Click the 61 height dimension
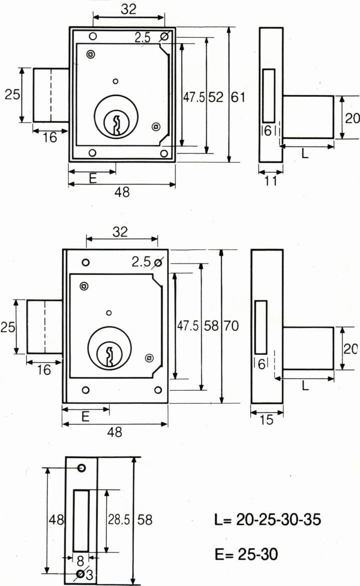click(x=238, y=97)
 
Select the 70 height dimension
click(x=231, y=326)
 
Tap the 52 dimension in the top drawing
click(x=215, y=97)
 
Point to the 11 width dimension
click(x=271, y=181)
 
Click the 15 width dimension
click(x=267, y=420)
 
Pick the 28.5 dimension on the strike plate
click(x=119, y=520)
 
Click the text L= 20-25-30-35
click(x=268, y=520)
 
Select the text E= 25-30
click(x=246, y=554)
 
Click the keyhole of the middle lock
click(x=109, y=356)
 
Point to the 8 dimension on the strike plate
click(x=80, y=561)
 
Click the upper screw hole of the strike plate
click(x=81, y=468)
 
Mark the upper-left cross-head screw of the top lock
click(x=90, y=54)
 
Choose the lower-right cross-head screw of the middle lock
click(x=149, y=358)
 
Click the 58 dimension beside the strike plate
click(x=145, y=520)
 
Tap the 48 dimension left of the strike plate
click(x=56, y=520)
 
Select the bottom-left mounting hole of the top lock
click(x=92, y=152)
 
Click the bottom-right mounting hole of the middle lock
click(x=158, y=390)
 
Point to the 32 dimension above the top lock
click(x=129, y=9)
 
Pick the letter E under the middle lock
click(x=85, y=416)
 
